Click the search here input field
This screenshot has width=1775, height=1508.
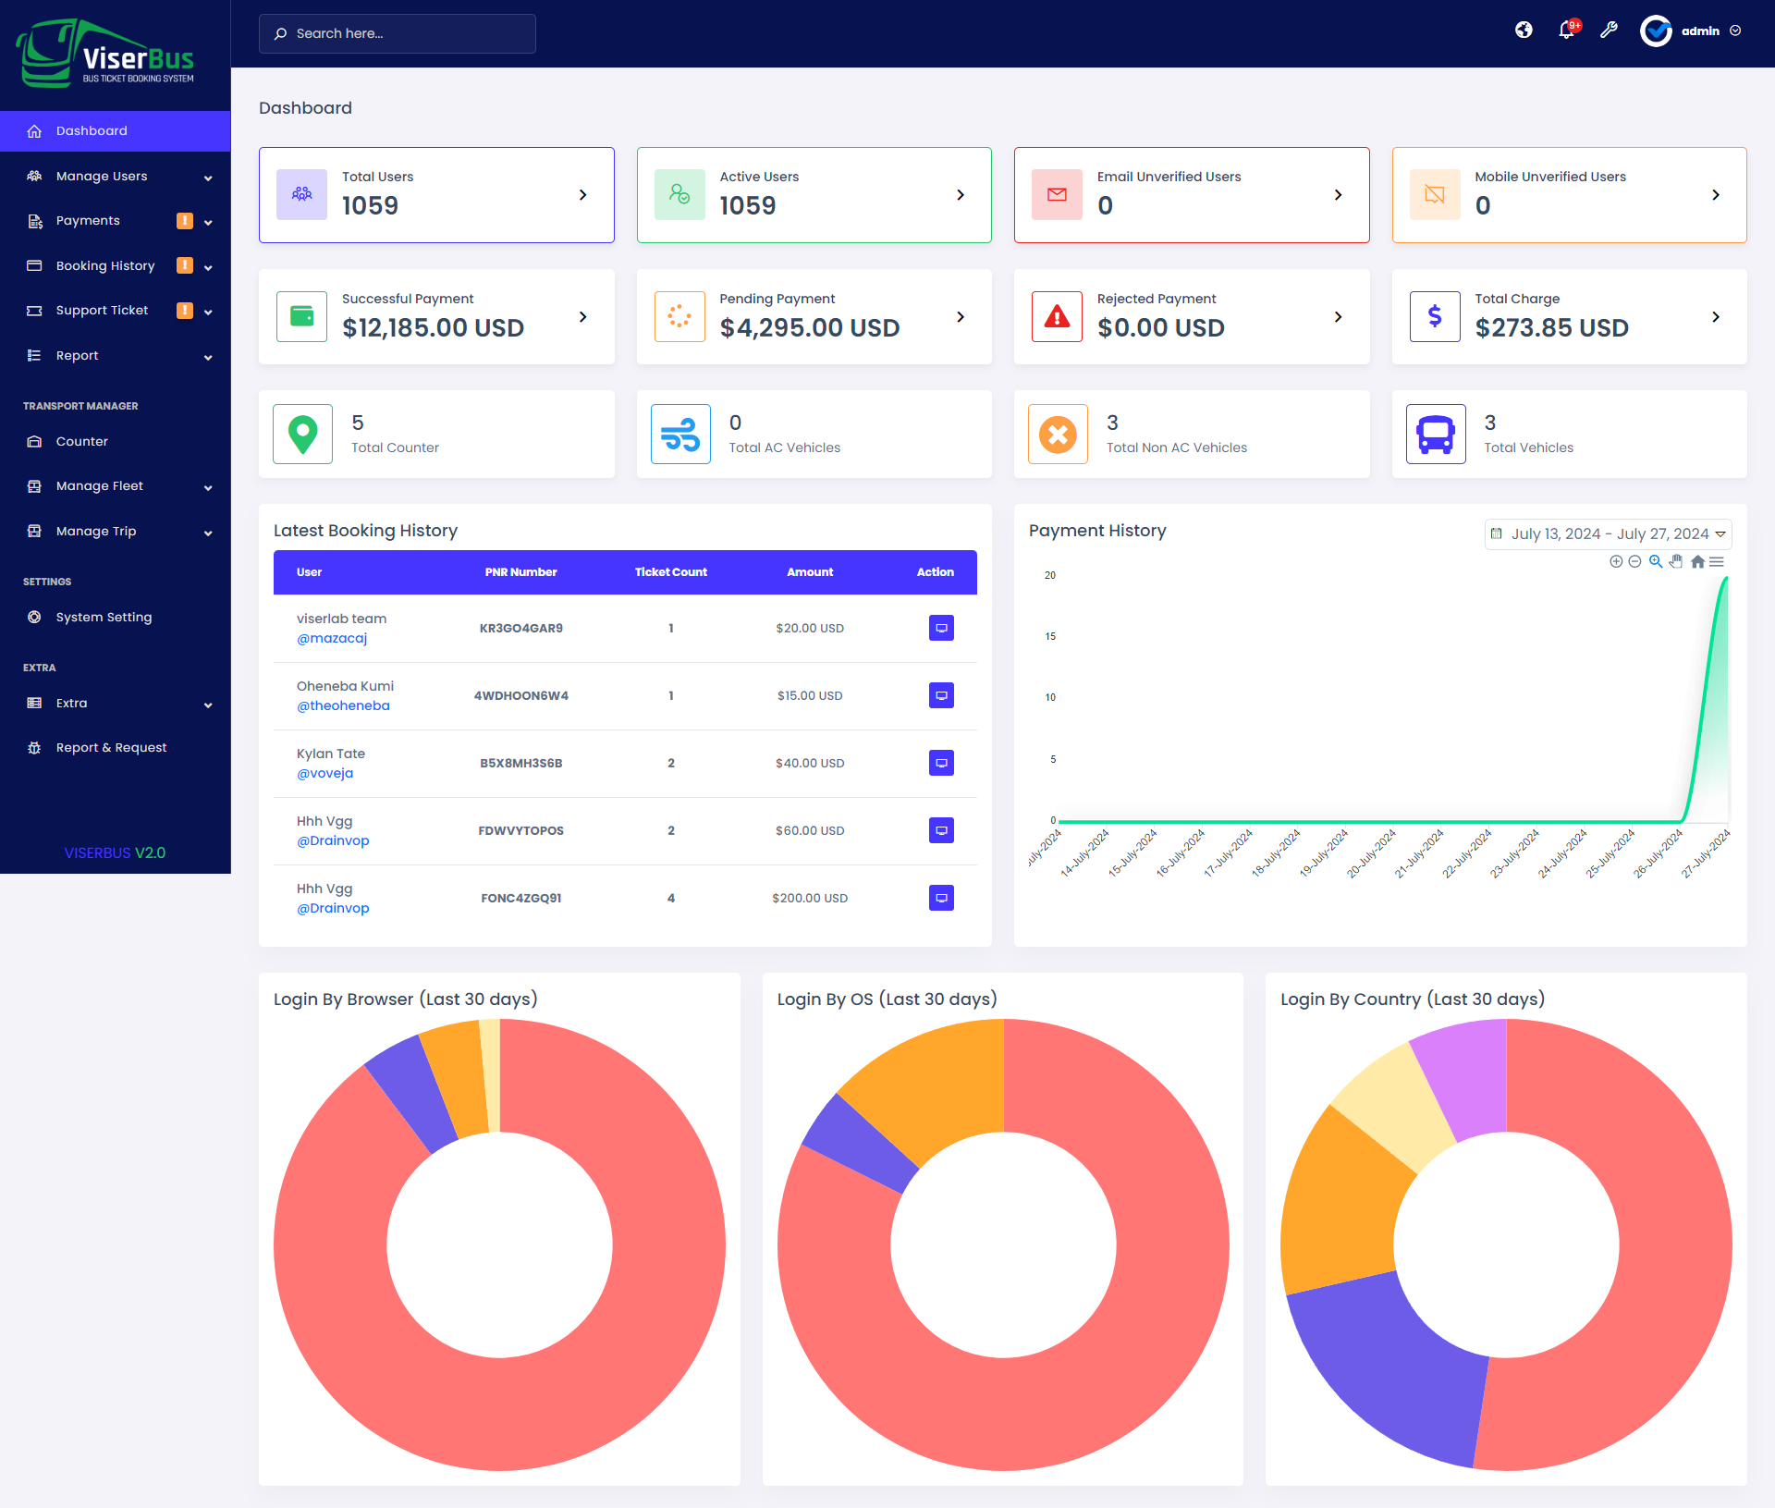coord(398,33)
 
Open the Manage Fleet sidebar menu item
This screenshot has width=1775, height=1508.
coord(100,486)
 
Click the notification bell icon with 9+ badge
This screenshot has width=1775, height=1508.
coord(1566,31)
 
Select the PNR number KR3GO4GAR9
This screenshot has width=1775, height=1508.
coord(520,629)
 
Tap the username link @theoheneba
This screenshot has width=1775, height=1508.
coord(343,706)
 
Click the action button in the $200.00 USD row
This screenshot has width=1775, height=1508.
coord(941,898)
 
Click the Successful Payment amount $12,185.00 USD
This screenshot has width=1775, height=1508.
coord(433,328)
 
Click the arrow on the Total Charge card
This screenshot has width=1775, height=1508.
coord(1716,317)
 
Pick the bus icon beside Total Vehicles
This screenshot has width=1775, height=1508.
coord(1435,435)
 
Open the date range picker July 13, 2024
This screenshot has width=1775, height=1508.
coord(1608,534)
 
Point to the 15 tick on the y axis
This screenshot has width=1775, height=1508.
coord(1050,637)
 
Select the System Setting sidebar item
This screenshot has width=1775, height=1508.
coord(104,618)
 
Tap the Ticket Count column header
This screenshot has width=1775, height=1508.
coord(670,572)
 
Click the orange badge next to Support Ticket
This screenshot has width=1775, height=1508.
coord(185,311)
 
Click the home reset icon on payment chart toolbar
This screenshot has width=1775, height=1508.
coord(1697,562)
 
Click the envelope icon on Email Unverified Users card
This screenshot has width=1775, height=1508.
coord(1057,195)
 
